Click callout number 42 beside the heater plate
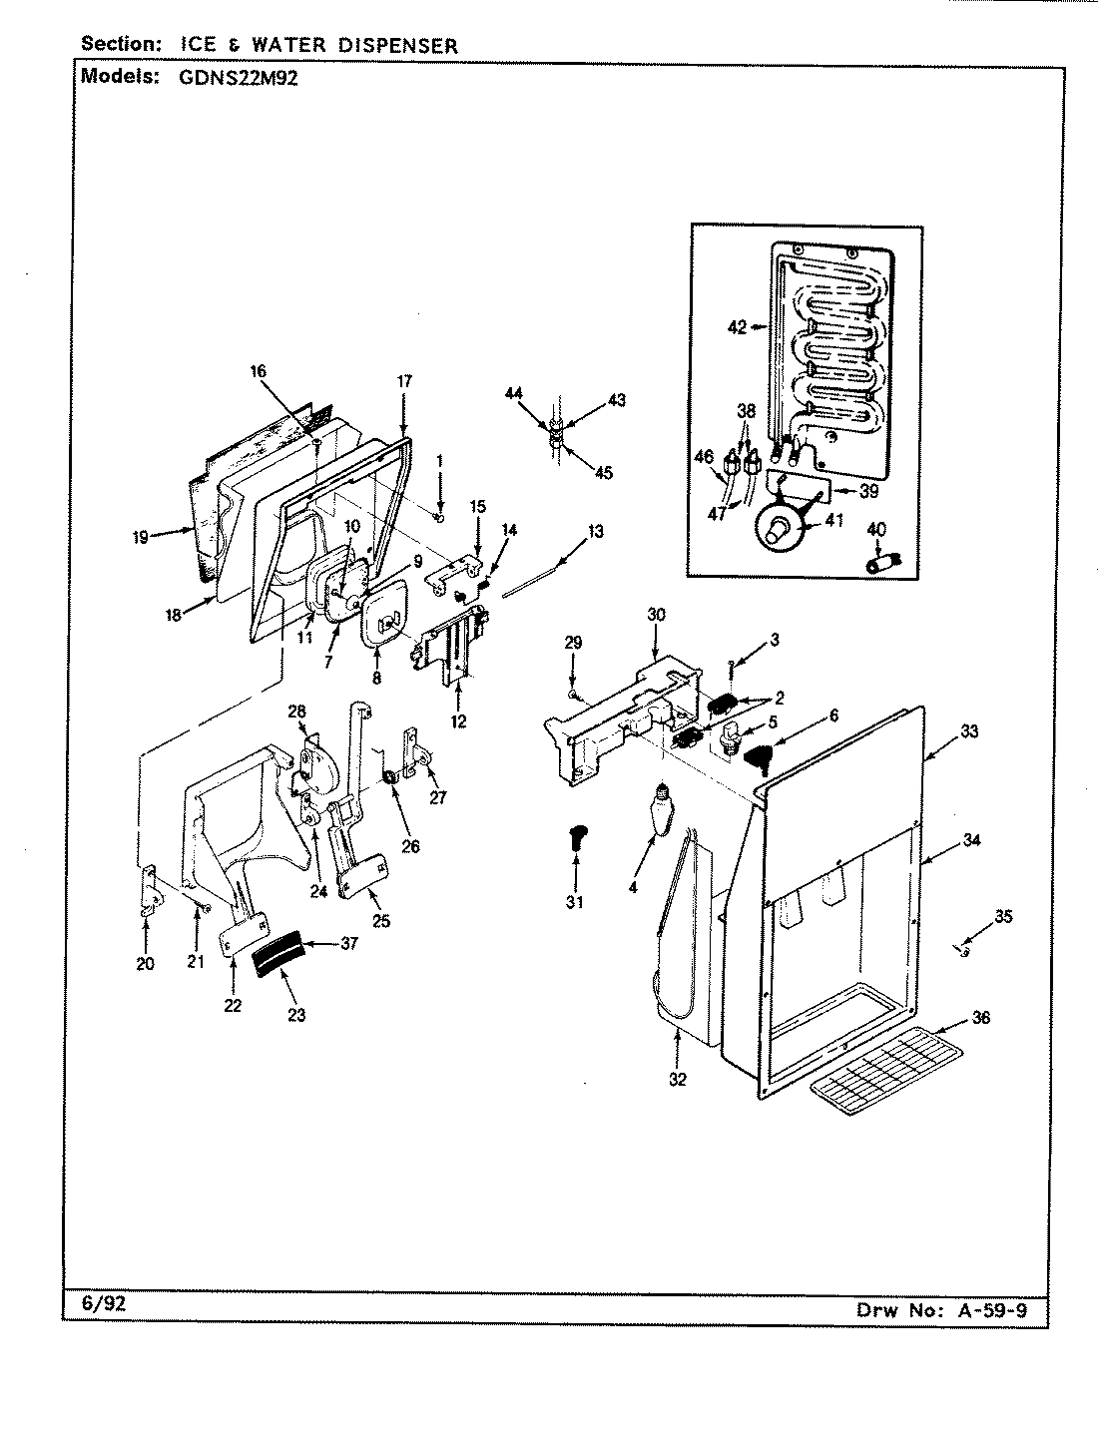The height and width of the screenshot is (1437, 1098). coord(737,327)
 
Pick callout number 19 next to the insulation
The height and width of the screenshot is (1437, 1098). coord(140,537)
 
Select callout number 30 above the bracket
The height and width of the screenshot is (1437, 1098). coord(655,615)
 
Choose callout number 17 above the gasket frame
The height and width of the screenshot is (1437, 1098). coord(404,381)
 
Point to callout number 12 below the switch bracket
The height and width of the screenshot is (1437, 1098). coord(458,720)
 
